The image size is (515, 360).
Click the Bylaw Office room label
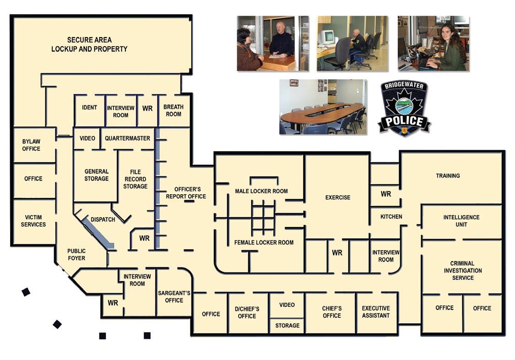[31, 145]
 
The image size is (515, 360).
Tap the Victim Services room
[33, 221]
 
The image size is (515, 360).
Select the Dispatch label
[103, 219]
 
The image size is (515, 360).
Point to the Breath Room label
[173, 110]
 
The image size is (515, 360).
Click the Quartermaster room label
[127, 138]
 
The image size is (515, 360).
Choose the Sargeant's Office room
[174, 297]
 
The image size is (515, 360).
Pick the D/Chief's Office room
[247, 312]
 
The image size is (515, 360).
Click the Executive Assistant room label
[375, 312]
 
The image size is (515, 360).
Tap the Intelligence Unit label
[461, 221]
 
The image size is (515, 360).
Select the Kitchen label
[391, 217]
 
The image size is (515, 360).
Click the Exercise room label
[337, 197]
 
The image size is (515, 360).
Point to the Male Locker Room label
[261, 191]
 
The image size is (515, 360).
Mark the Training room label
[447, 176]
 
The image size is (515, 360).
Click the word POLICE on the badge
[404, 121]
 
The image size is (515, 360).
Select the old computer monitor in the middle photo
[328, 37]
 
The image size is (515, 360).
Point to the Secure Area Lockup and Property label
[89, 44]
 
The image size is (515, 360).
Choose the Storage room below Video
[287, 326]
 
